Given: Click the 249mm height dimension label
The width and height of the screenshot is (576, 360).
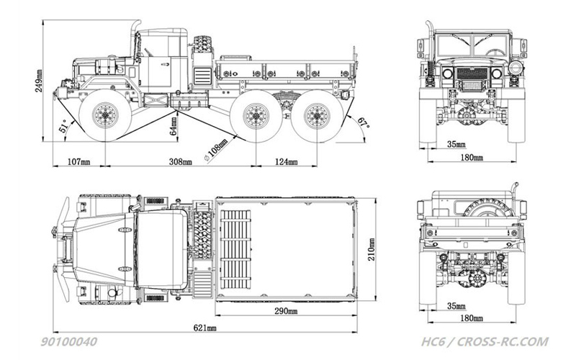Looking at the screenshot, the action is (x=39, y=81).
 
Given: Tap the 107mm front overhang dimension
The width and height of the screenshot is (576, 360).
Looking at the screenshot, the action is (x=79, y=161).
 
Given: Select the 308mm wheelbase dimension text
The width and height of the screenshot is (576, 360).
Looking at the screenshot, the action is (x=181, y=161).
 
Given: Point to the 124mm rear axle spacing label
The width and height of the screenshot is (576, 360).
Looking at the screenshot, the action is (x=286, y=161).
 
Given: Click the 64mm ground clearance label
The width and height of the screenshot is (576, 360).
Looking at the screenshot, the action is (x=174, y=125).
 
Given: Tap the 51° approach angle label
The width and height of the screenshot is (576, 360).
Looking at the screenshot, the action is (x=63, y=125).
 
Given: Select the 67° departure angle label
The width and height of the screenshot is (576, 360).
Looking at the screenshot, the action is (x=363, y=122).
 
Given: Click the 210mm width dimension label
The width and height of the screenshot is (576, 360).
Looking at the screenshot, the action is (x=372, y=249).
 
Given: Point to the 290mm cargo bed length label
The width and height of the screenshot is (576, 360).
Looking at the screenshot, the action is (x=286, y=311).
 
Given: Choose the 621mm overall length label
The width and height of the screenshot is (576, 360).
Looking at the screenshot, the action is (x=205, y=328).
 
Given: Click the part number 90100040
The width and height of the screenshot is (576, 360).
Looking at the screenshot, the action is (x=68, y=342).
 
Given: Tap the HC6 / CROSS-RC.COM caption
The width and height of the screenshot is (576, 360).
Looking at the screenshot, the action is (x=485, y=342).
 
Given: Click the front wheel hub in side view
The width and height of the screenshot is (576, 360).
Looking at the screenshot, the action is (x=105, y=114).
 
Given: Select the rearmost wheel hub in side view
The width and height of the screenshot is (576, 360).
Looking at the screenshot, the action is (x=317, y=115).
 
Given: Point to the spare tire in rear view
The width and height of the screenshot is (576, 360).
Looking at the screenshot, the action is (x=488, y=208).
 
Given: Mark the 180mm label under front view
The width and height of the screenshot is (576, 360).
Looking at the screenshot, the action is (x=472, y=158).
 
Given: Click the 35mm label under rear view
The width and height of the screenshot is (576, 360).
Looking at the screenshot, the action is (x=456, y=306).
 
